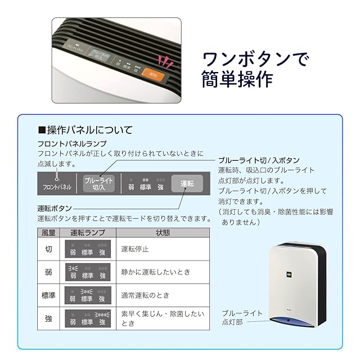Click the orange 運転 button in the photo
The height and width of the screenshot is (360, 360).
point(150,73)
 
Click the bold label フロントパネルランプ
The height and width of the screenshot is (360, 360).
point(71,144)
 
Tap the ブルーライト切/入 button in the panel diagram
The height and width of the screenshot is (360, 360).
point(98,183)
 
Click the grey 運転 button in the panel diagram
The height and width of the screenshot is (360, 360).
point(187,183)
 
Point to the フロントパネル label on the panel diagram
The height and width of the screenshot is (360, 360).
point(57,186)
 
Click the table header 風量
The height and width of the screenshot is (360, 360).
point(49,232)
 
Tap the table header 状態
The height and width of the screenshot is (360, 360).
point(163,232)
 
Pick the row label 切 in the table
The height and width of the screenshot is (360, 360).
point(49,249)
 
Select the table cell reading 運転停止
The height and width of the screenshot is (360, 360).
point(135,249)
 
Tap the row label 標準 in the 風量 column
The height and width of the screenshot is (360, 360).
point(49,295)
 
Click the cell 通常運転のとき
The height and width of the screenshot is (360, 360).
point(145,295)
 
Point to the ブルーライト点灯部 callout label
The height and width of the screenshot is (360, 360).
point(242,317)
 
